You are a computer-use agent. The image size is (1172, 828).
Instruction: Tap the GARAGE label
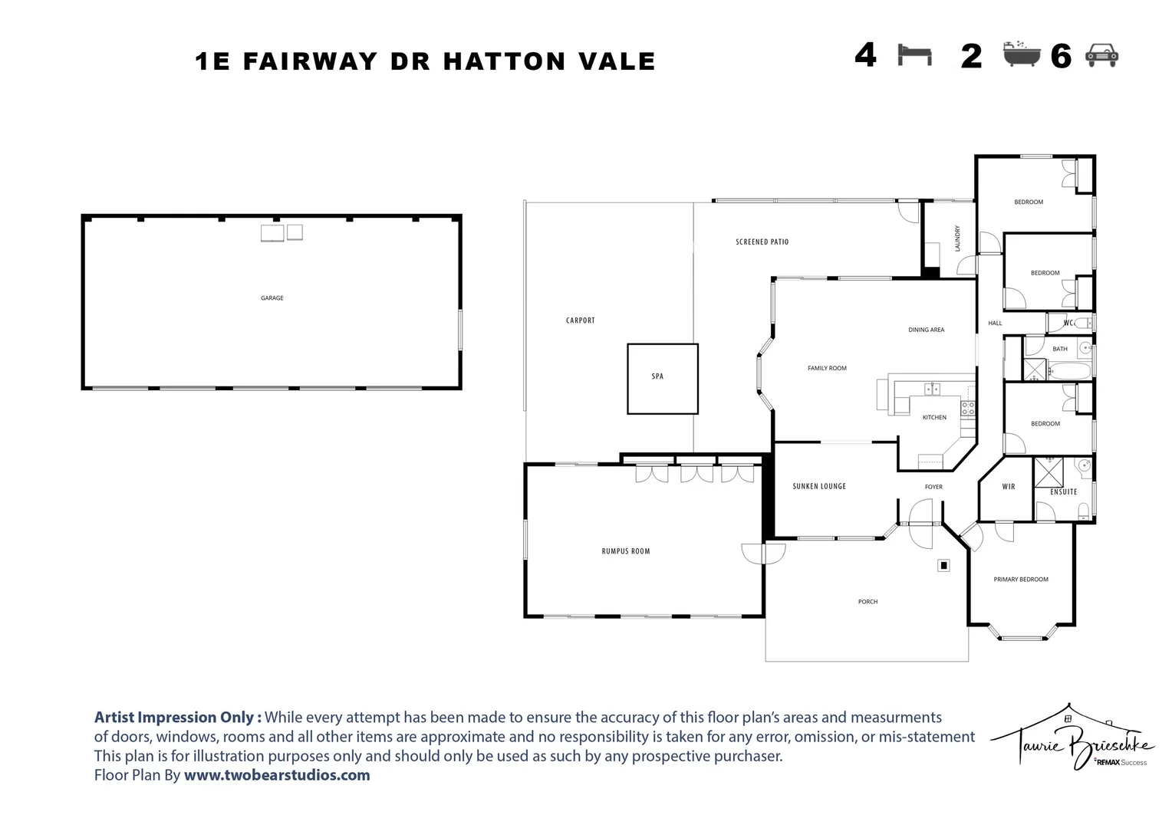pyautogui.click(x=272, y=298)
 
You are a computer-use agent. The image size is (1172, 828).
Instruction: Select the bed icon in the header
pyautogui.click(x=914, y=55)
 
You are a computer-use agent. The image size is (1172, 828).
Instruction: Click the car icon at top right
pyautogui.click(x=1102, y=55)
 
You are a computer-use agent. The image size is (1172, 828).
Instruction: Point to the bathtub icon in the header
pyautogui.click(x=1022, y=54)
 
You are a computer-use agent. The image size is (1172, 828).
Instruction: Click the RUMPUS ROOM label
pyautogui.click(x=626, y=550)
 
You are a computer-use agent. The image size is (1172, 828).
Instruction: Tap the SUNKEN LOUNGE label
pyautogui.click(x=819, y=486)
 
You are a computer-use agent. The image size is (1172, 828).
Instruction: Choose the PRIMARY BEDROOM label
pyautogui.click(x=1021, y=579)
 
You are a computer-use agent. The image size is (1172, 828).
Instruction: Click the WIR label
pyautogui.click(x=1008, y=486)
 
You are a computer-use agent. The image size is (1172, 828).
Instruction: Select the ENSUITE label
pyautogui.click(x=1064, y=491)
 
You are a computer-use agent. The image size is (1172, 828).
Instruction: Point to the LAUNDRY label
pyautogui.click(x=957, y=238)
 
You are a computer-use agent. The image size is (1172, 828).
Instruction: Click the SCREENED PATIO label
pyautogui.click(x=762, y=242)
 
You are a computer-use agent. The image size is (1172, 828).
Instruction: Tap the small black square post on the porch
pyautogui.click(x=943, y=566)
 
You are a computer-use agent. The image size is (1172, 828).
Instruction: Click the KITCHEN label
pyautogui.click(x=934, y=417)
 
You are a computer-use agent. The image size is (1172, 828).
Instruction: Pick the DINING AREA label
pyautogui.click(x=926, y=330)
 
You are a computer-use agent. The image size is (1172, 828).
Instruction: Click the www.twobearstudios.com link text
pyautogui.click(x=277, y=774)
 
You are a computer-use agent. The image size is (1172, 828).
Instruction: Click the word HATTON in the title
pyautogui.click(x=505, y=61)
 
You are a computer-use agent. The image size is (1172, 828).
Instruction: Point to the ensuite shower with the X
pyautogui.click(x=1049, y=472)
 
